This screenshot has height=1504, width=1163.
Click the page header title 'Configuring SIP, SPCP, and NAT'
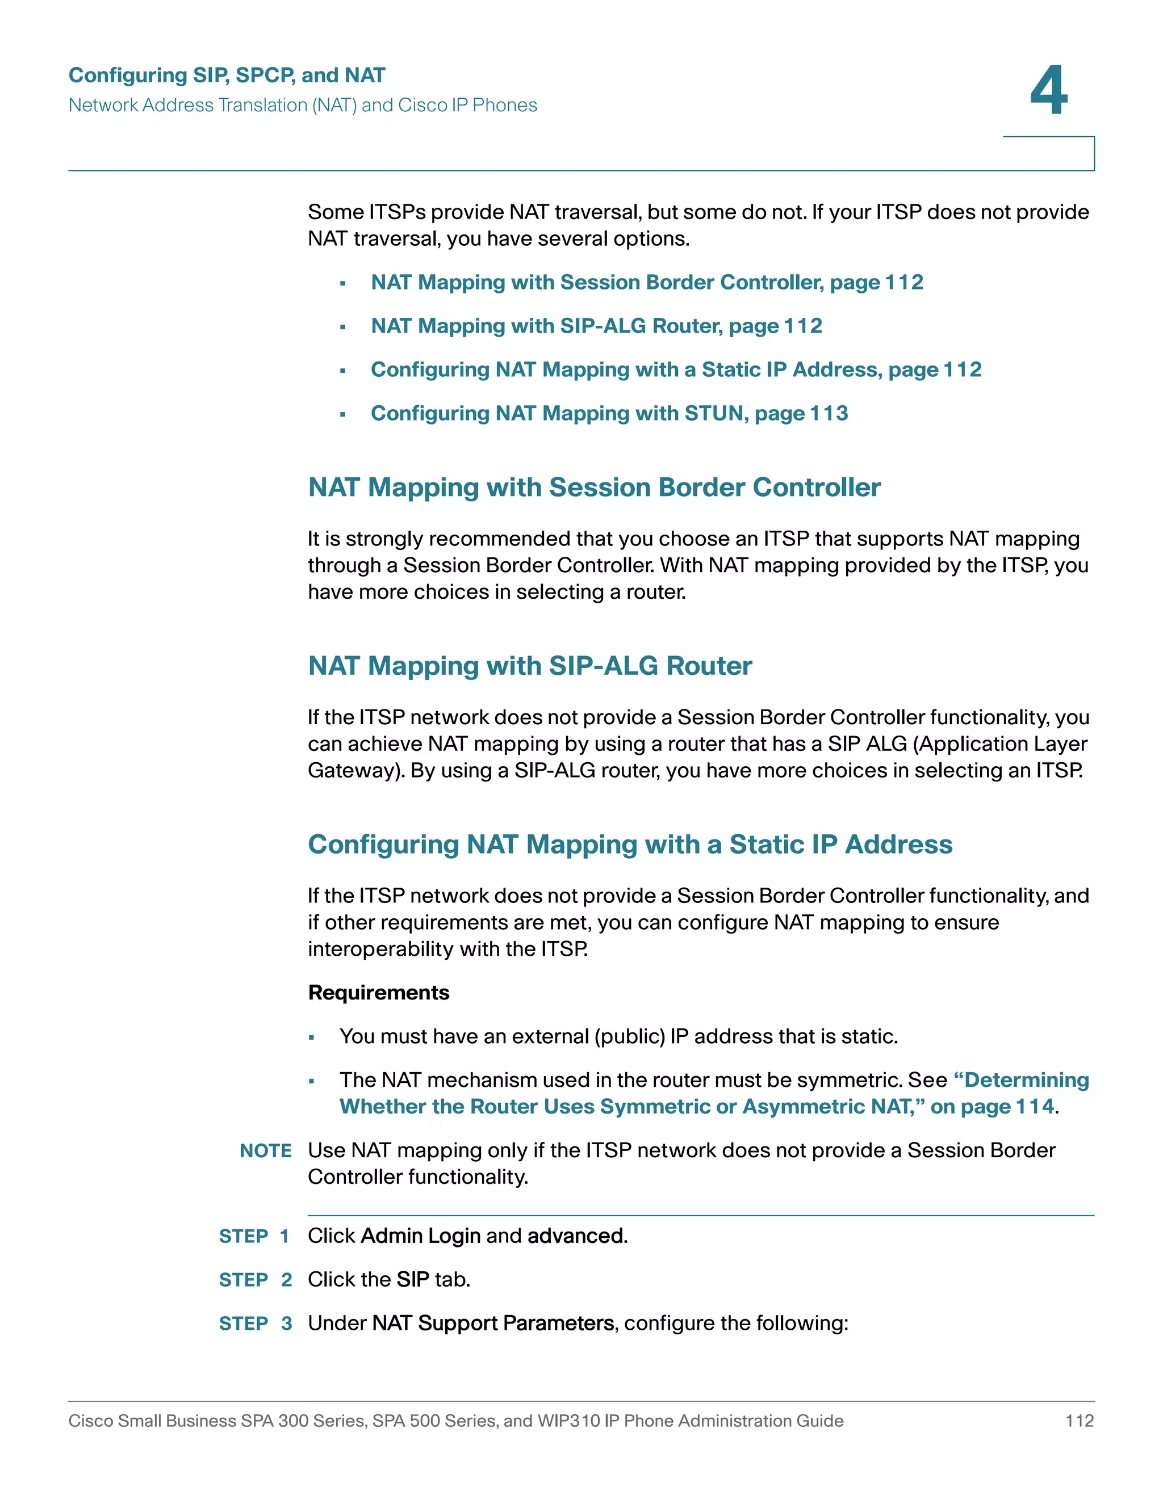pyautogui.click(x=227, y=75)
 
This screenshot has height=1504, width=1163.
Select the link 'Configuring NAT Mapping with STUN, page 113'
pyautogui.click(x=609, y=413)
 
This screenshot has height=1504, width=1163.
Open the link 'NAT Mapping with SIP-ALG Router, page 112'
pyautogui.click(x=596, y=326)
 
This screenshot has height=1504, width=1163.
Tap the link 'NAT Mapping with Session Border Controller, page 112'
pyautogui.click(x=646, y=282)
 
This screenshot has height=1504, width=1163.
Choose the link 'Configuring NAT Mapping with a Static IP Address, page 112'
pyautogui.click(x=676, y=370)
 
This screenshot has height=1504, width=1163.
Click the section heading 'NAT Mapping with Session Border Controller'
pyautogui.click(x=594, y=488)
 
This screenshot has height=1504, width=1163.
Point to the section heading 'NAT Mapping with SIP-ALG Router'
pyautogui.click(x=530, y=666)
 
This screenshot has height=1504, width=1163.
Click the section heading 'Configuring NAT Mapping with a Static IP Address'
pyautogui.click(x=630, y=845)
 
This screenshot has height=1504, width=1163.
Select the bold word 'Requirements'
pyautogui.click(x=378, y=992)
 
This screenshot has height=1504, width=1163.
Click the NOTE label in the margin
pyautogui.click(x=265, y=1151)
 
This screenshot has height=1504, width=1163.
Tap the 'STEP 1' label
pyautogui.click(x=253, y=1236)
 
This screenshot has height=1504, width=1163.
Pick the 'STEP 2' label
pyautogui.click(x=255, y=1279)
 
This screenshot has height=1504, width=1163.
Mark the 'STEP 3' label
pyautogui.click(x=255, y=1324)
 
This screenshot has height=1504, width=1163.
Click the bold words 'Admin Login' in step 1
pyautogui.click(x=420, y=1236)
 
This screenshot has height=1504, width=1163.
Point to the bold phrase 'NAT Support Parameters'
pyautogui.click(x=492, y=1324)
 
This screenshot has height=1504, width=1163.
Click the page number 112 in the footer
pyautogui.click(x=1079, y=1421)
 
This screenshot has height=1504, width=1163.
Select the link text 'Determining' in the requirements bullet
pyautogui.click(x=1026, y=1080)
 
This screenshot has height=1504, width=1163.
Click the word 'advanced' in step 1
pyautogui.click(x=576, y=1236)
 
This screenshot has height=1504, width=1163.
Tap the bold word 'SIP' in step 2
pyautogui.click(x=413, y=1279)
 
